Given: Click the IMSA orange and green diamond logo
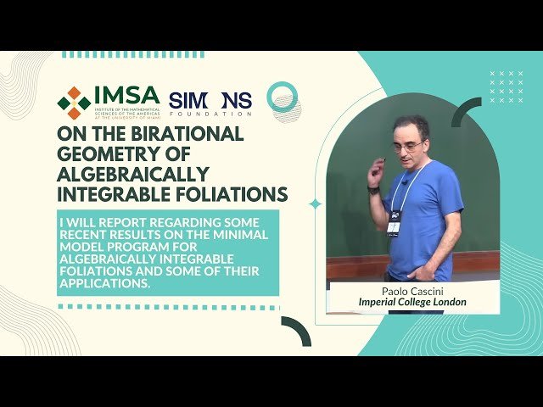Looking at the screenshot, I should coord(74,103).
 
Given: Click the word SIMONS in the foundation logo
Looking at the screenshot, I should coord(210,101).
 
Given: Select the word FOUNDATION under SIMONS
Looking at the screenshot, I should coord(210,114).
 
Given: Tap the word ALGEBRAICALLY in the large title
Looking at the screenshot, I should coord(133,175).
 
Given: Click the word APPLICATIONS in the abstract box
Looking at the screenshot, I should coord(109,283).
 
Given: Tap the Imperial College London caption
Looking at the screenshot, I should coord(412,302).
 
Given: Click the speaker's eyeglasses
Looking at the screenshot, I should coord(408,146).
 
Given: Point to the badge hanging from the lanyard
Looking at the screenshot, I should coord(394,222).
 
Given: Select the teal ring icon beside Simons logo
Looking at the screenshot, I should coord(282,98).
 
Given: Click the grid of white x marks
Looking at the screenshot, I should coord(507,86).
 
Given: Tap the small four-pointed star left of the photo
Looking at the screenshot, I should coord(315,203).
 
